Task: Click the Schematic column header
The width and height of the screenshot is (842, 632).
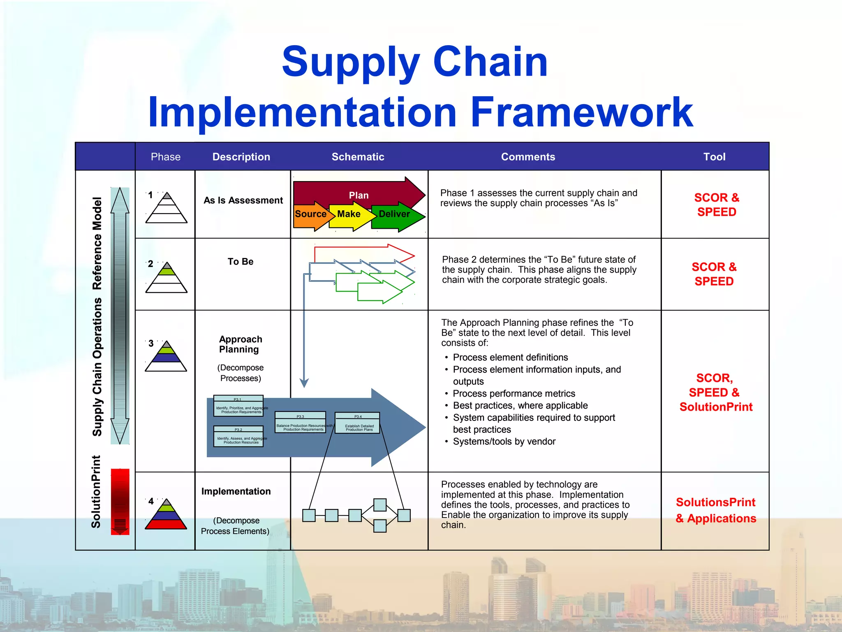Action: tap(358, 157)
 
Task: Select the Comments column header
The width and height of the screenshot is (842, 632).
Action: tap(528, 157)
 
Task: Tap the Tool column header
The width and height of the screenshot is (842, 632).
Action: tap(714, 157)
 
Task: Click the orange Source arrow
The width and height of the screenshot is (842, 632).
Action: tap(310, 215)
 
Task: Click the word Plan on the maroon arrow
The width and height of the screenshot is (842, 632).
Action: tap(359, 195)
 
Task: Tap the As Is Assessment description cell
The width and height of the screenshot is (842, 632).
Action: tap(243, 200)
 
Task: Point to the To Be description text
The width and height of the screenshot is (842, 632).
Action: tap(241, 262)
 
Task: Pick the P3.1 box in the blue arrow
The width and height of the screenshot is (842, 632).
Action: tap(238, 406)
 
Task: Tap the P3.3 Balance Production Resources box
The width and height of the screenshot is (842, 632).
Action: tap(300, 423)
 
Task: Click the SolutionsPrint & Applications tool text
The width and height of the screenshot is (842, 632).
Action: tap(715, 510)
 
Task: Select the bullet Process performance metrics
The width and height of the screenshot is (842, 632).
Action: tap(514, 393)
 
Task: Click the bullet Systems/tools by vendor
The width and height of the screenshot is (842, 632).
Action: tap(504, 441)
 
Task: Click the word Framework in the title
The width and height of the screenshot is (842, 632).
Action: tap(581, 112)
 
